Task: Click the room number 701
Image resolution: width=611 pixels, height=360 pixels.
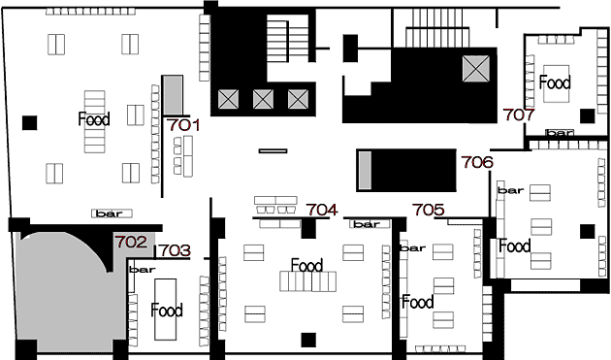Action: [x=183, y=125]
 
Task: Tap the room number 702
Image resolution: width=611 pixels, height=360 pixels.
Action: [x=131, y=242]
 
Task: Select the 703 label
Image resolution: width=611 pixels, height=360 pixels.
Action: [x=175, y=250]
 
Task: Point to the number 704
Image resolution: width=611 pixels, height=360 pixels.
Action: [x=321, y=210]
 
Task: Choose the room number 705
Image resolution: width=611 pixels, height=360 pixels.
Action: [x=429, y=210]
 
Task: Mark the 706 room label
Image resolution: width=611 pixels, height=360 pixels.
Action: [x=477, y=162]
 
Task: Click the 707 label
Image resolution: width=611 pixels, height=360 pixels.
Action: [x=519, y=115]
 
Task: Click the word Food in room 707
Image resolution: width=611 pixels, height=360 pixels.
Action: [x=555, y=82]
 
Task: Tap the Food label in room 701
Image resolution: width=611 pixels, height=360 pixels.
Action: [x=94, y=119]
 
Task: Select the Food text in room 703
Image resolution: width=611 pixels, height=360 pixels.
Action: [x=167, y=311]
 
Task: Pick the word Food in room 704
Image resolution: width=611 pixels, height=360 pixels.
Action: [x=307, y=265]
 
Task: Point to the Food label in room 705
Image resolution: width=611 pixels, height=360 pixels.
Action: [x=418, y=302]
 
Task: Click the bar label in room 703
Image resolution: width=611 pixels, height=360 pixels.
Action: [x=143, y=270]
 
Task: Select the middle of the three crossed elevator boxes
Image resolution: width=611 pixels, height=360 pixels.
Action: [x=263, y=99]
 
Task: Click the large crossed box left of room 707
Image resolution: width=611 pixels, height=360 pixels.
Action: [x=476, y=69]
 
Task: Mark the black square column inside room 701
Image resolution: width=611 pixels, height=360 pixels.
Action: [x=30, y=123]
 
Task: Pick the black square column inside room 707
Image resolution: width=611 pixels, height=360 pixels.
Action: [x=587, y=115]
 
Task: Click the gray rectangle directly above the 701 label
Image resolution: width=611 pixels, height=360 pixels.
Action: [x=173, y=95]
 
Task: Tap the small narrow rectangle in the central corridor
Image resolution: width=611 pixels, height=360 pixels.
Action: [x=273, y=151]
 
